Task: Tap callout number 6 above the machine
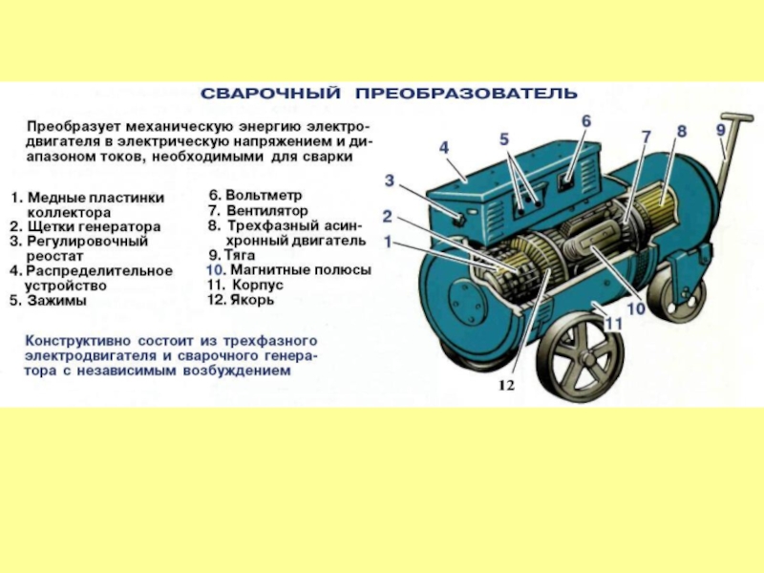(x=585, y=121)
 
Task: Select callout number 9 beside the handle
(x=720, y=130)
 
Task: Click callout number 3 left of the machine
(x=389, y=180)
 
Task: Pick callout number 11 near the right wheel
(x=613, y=325)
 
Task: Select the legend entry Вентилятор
(x=266, y=210)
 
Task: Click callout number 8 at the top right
(x=681, y=131)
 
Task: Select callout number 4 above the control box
(x=444, y=147)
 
